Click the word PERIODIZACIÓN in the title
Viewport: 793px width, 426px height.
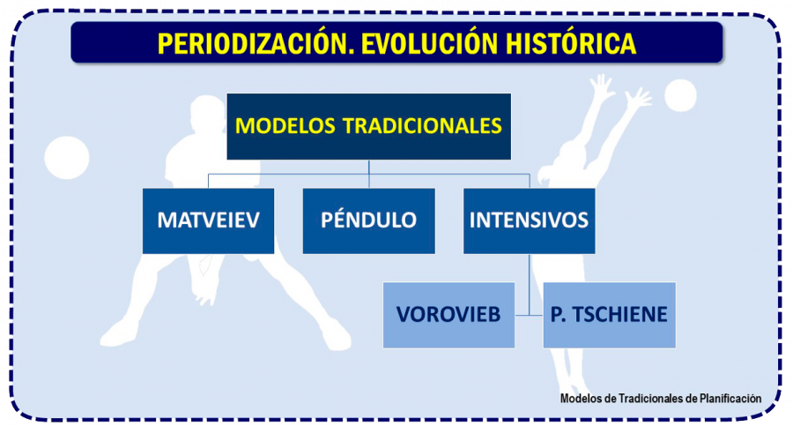click(x=243, y=43)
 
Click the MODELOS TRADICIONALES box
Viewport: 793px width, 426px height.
click(x=368, y=126)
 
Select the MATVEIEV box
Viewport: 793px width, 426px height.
click(x=208, y=220)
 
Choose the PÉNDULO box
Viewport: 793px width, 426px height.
click(x=368, y=220)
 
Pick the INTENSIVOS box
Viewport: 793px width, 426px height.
click(x=529, y=220)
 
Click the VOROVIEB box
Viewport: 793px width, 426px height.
click(x=448, y=315)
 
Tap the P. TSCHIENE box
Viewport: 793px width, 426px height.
click(x=609, y=315)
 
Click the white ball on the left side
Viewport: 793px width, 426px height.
click(x=67, y=158)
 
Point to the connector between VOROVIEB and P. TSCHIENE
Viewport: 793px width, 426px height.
click(x=529, y=315)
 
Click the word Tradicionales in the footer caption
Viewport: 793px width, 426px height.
click(x=648, y=398)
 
